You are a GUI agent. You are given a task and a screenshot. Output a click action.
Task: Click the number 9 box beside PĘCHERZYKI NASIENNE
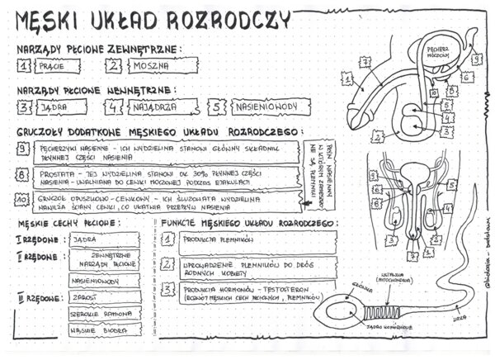pyautogui.click(x=23, y=149)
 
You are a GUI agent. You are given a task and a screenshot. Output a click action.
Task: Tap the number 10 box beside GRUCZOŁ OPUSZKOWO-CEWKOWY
pyautogui.click(x=23, y=201)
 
